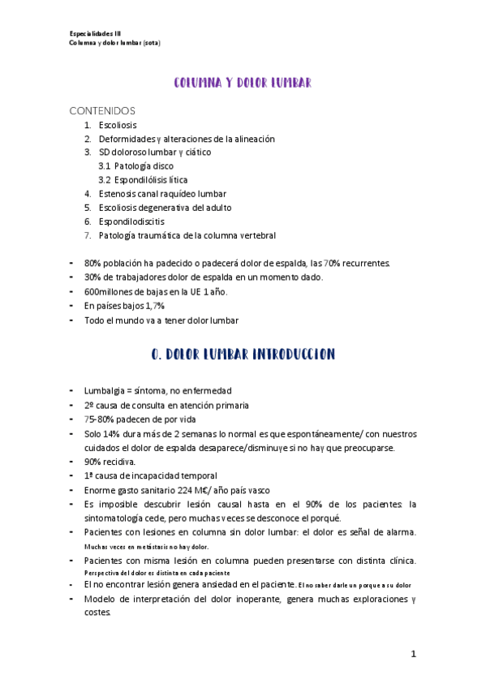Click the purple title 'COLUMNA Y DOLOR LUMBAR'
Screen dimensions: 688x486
click(243, 83)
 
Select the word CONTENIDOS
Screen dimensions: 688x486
click(102, 110)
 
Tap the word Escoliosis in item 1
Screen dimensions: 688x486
click(118, 125)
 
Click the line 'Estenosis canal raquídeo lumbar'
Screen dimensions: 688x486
click(162, 193)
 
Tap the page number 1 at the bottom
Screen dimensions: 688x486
click(413, 653)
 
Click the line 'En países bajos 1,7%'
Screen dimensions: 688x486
click(124, 305)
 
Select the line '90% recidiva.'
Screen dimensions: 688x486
click(110, 462)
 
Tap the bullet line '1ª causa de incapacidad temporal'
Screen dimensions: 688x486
click(151, 475)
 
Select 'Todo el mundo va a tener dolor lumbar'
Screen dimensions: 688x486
click(161, 320)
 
